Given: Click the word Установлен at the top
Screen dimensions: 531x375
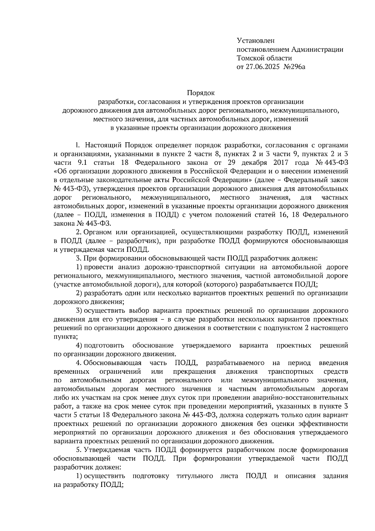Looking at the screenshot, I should [256, 40].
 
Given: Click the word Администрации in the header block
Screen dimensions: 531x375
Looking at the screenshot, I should [317, 49].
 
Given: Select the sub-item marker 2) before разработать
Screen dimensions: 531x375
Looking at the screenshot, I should [79, 293].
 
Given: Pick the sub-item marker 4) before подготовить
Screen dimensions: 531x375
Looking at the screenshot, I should [79, 345].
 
